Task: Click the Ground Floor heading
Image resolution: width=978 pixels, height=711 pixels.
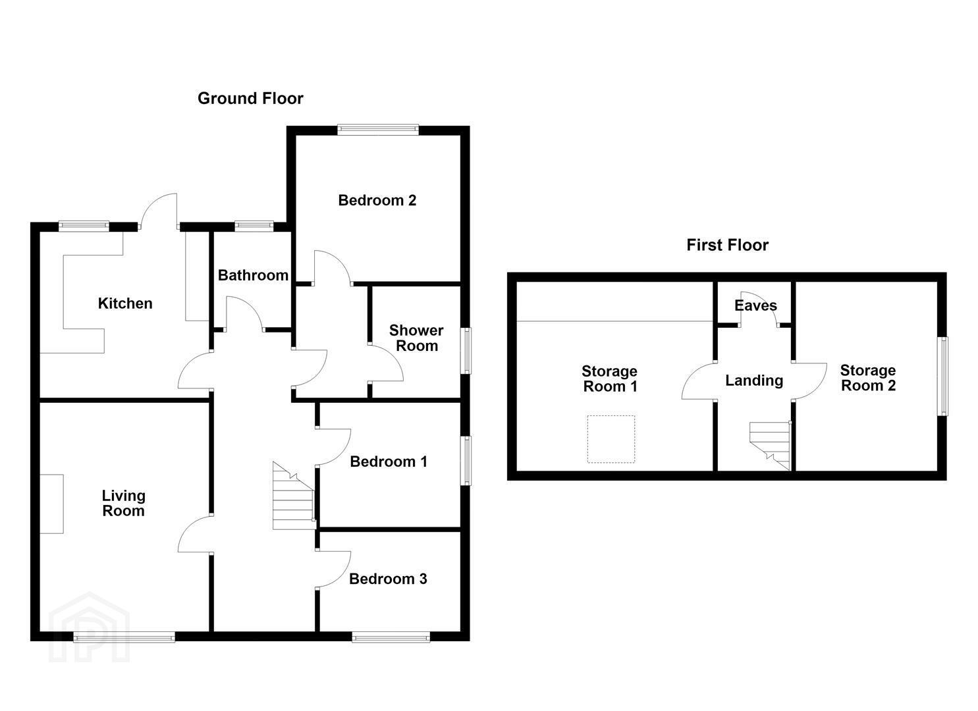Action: click(x=250, y=98)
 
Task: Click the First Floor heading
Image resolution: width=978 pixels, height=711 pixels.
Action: click(x=727, y=245)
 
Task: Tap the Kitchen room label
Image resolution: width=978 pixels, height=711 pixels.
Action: click(x=125, y=303)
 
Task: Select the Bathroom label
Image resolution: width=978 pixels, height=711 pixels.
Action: click(x=254, y=275)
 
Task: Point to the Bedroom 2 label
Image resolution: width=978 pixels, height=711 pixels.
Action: click(x=377, y=200)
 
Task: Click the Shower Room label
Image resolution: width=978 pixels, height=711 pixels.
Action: click(x=416, y=338)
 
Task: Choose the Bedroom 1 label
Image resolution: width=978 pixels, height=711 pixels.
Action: click(x=389, y=461)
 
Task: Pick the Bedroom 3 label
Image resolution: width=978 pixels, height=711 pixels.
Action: click(x=388, y=579)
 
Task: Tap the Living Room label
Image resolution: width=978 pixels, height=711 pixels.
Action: click(x=124, y=503)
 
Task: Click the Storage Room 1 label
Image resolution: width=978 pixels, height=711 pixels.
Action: click(x=609, y=379)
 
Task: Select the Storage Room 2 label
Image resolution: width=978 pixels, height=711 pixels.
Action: click(x=868, y=377)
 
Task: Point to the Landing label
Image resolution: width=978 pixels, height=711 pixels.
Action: click(x=754, y=381)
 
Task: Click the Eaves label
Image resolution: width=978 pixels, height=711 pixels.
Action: click(x=756, y=305)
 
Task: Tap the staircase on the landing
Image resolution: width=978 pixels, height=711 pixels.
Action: click(x=771, y=446)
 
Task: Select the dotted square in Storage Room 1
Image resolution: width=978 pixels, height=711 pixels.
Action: click(x=611, y=438)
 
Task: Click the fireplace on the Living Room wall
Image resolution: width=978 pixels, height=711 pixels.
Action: click(x=52, y=504)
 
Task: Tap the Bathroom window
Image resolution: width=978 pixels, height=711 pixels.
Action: click(x=254, y=226)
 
